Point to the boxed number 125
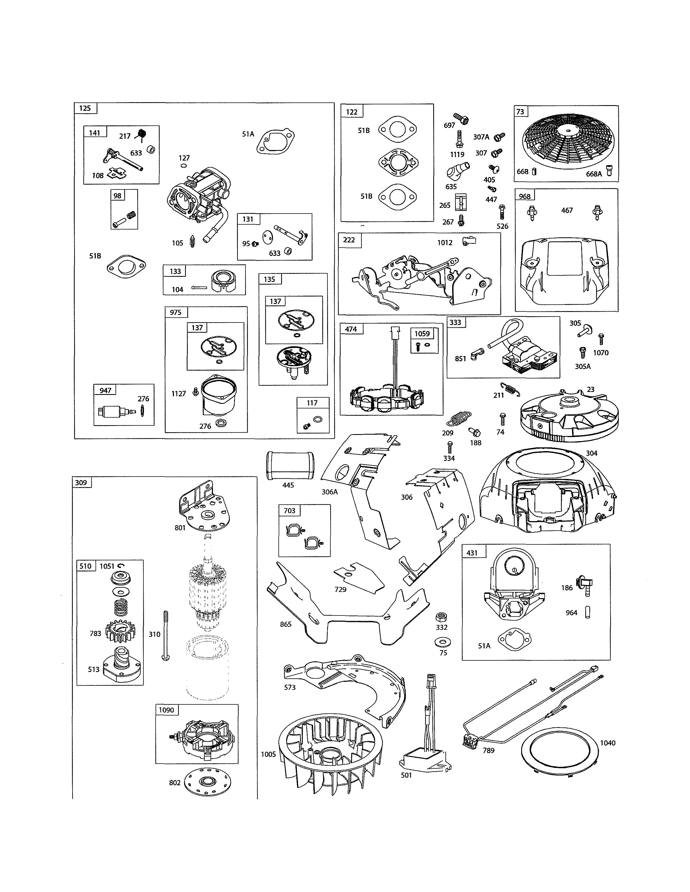click(x=85, y=108)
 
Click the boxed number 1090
click(x=166, y=710)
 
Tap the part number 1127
click(x=178, y=394)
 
